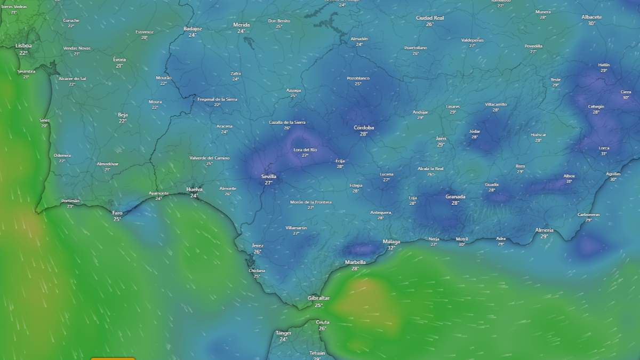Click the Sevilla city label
(x=269, y=176)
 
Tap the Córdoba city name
(x=364, y=127)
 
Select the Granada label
(x=455, y=197)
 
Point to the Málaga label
(x=391, y=242)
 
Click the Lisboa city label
(x=23, y=46)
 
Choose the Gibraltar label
(x=318, y=298)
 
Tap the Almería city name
(x=544, y=230)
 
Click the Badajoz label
(x=193, y=29)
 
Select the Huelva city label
(x=194, y=189)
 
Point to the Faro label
(x=117, y=213)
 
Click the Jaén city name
(x=441, y=138)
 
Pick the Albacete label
(x=591, y=17)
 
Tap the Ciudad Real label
(x=430, y=18)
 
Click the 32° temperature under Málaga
(x=391, y=248)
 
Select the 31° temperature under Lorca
(x=604, y=154)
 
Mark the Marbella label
(x=355, y=262)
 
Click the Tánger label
(x=283, y=333)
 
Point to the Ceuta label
(x=322, y=322)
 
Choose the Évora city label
(x=119, y=60)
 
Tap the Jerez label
(x=258, y=245)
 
